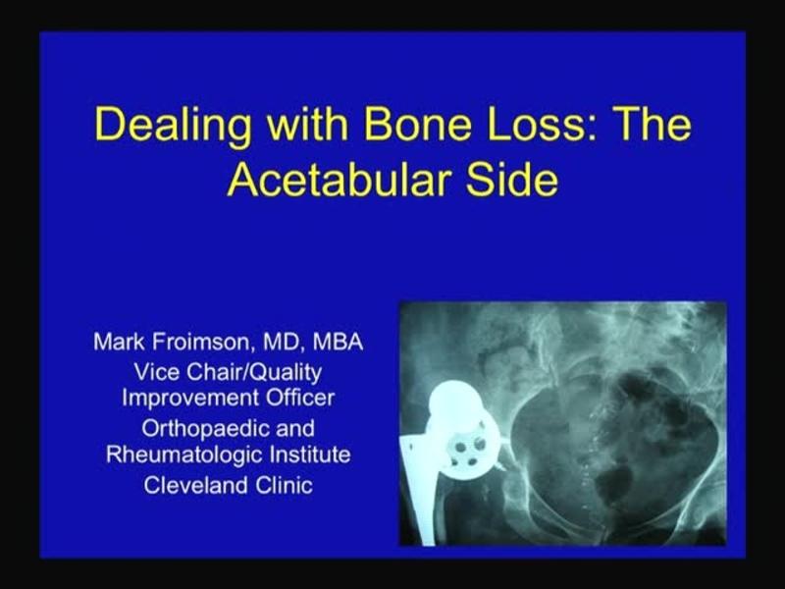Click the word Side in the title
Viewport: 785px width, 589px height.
click(x=511, y=182)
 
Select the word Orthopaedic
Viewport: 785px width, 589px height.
click(x=192, y=429)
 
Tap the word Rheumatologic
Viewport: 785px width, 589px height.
click(x=178, y=455)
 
